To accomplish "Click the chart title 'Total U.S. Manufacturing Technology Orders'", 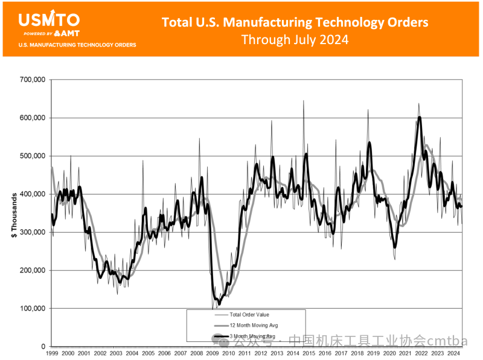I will tap(295, 22).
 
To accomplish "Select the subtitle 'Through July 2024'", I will tap(295, 40).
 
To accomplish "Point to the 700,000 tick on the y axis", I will tap(34, 80).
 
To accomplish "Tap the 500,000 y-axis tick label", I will tap(34, 156).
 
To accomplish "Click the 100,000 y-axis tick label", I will tap(34, 309).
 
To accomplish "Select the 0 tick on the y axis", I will tap(43, 347).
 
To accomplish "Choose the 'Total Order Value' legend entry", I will tap(248, 315).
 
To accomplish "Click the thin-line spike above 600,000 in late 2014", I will tap(303, 103).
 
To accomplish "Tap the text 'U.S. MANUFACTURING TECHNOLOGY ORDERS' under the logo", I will tap(77, 45).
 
